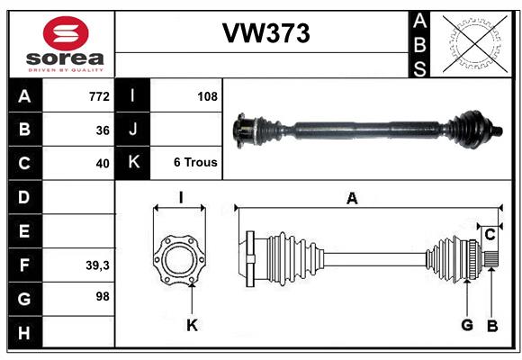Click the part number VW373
pos(265,33)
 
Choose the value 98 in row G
pos(103,296)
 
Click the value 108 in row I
pos(206,95)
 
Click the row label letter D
pos(24,196)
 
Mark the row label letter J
pos(133,130)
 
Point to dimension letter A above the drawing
pos(352,199)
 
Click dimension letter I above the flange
pos(180,197)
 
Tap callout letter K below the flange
pos(192,326)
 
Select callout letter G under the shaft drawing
pos(466,326)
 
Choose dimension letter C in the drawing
pos(490,235)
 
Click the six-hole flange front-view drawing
pos(181,259)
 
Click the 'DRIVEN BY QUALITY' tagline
pos(66,68)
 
